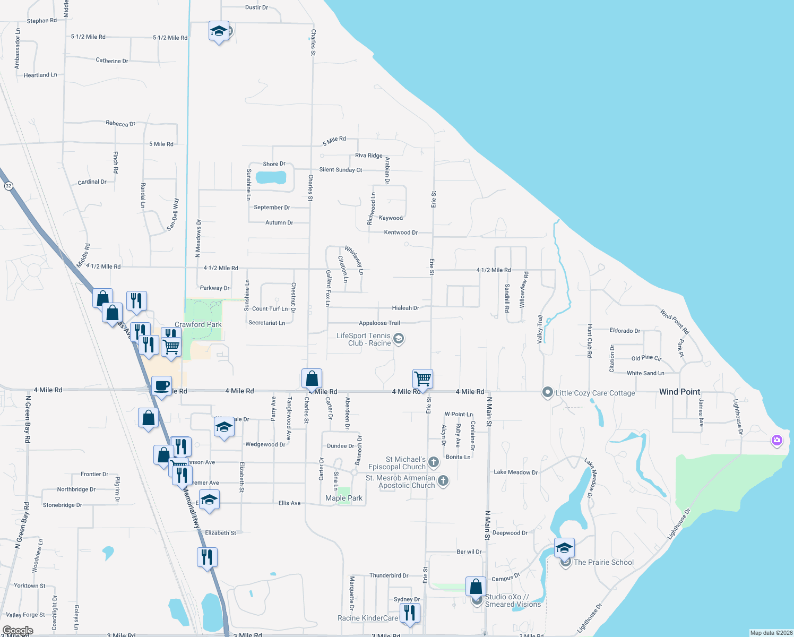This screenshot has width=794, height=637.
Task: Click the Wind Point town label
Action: [679, 392]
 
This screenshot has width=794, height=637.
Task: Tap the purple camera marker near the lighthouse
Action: [777, 440]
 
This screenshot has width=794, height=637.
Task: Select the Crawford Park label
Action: [198, 324]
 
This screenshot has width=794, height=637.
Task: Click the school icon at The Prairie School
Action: [564, 547]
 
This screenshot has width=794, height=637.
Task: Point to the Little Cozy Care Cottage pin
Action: [547, 392]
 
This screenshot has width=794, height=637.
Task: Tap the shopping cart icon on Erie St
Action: [422, 379]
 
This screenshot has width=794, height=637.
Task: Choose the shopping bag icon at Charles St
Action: [312, 378]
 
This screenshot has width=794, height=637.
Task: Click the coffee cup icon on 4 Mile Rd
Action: [161, 386]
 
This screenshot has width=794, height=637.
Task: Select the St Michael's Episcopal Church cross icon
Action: [434, 462]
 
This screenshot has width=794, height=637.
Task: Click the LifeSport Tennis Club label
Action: [364, 339]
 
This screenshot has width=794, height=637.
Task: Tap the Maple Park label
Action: [344, 498]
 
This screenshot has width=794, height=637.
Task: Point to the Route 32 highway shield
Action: [8, 186]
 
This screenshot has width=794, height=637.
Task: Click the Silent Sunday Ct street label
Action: [340, 170]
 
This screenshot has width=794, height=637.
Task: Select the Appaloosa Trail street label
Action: [379, 323]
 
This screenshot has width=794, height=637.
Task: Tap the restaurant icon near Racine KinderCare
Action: [409, 613]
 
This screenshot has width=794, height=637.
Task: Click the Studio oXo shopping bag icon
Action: [476, 587]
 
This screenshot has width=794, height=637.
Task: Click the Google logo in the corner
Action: [18, 631]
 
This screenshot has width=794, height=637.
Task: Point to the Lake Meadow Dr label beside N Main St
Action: [515, 472]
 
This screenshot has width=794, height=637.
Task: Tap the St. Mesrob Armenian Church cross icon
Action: [443, 481]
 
